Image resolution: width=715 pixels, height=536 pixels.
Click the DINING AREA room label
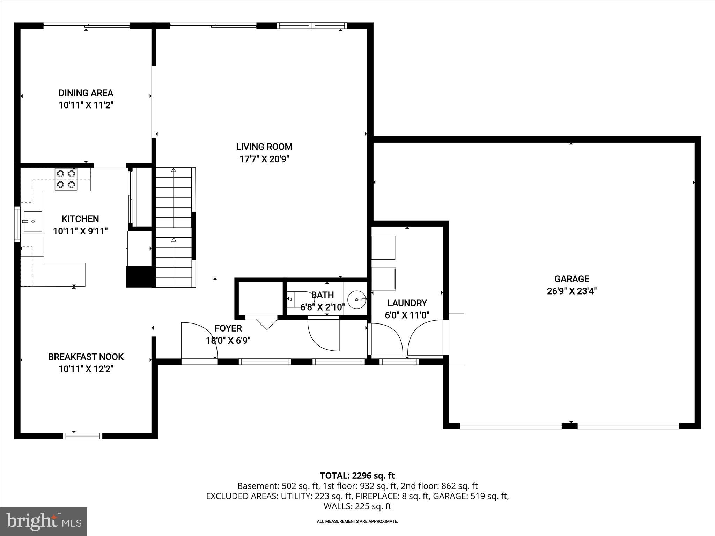click(86, 93)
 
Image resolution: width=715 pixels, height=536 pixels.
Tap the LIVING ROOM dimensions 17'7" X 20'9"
click(264, 159)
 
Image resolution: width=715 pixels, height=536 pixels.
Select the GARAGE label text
click(572, 279)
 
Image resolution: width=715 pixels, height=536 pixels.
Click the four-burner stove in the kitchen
click(66, 179)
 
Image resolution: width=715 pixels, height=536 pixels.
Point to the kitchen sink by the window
click(32, 221)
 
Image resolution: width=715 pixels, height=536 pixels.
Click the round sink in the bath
click(356, 299)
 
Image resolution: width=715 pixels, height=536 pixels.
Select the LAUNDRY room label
click(407, 303)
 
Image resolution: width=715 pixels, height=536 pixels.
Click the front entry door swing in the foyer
click(200, 340)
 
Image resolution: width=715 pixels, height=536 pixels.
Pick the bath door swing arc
click(323, 335)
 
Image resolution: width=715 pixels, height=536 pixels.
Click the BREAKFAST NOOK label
click(86, 357)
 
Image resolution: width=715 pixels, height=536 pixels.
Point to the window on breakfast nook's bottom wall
click(83, 435)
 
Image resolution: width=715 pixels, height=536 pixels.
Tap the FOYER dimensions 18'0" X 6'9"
click(228, 341)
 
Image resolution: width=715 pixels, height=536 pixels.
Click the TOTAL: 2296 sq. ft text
click(357, 476)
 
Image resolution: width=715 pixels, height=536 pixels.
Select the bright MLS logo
click(44, 521)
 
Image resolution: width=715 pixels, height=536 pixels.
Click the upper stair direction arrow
click(174, 170)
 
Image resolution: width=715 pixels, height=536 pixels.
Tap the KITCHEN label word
click(80, 219)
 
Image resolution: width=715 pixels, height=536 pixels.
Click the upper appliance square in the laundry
click(383, 247)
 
